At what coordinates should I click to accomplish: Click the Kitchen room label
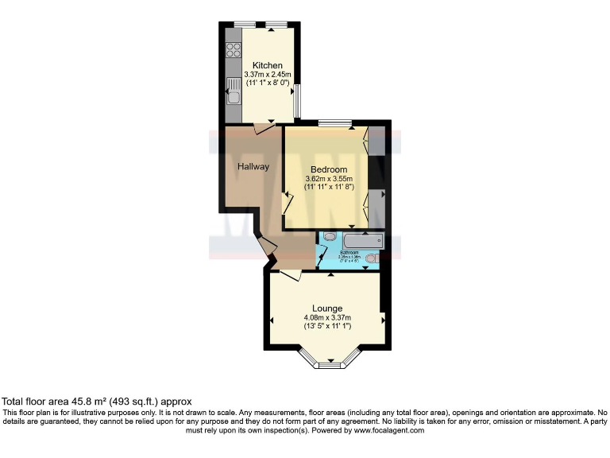pyautogui.click(x=267, y=65)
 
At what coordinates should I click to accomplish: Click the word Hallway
pyautogui.click(x=253, y=167)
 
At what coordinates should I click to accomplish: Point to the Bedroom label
pyautogui.click(x=329, y=169)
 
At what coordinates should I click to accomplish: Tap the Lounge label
pyautogui.click(x=327, y=309)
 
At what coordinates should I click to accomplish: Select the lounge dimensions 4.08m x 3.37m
pyautogui.click(x=327, y=317)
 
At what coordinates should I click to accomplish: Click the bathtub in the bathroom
pyautogui.click(x=363, y=240)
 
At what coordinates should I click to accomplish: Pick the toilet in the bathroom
pyautogui.click(x=330, y=236)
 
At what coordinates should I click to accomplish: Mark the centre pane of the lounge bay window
pyautogui.click(x=327, y=365)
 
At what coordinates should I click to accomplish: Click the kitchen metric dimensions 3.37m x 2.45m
pyautogui.click(x=268, y=75)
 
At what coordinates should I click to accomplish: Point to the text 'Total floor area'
pyautogui.click(x=37, y=402)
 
